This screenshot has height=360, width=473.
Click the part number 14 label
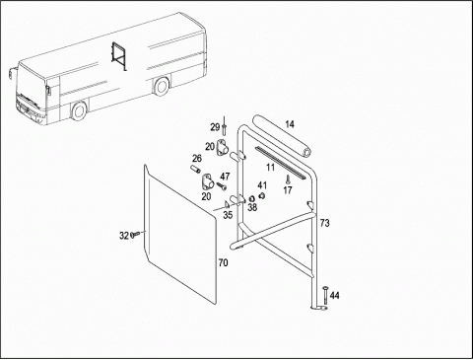290,124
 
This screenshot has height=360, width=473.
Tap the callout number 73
324,223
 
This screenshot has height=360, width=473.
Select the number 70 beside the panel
223,263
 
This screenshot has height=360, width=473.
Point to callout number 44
335,296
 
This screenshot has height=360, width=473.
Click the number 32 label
124,236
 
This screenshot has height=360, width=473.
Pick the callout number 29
215,127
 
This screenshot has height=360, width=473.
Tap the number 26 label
197,159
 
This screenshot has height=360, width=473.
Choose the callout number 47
225,177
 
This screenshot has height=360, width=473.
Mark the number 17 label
288,190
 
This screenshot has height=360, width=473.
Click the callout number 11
270,168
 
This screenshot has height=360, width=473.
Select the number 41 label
262,185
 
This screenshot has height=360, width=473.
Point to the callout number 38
252,207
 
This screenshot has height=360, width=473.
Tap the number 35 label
228,215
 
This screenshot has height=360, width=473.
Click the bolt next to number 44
325,297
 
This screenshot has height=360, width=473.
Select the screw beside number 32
135,234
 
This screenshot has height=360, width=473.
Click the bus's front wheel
79,110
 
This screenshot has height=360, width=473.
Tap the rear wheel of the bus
161,86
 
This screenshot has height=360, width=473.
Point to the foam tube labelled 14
282,136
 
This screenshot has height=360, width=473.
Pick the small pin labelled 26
196,170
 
